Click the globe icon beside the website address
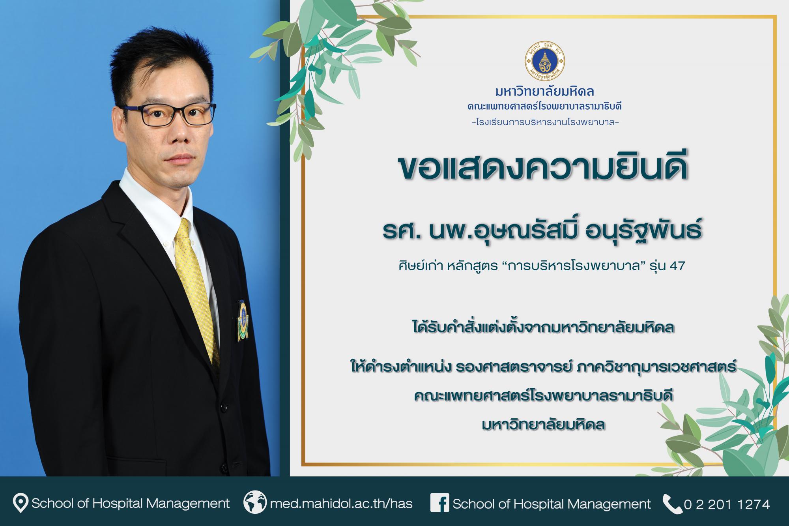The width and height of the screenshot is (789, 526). pyautogui.click(x=254, y=504)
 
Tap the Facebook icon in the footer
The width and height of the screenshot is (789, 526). pyautogui.click(x=440, y=504)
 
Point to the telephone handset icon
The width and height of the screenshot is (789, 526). pyautogui.click(x=672, y=504)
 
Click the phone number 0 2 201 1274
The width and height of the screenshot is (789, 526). pyautogui.click(x=727, y=504)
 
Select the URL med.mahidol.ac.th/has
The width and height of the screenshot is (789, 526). pyautogui.click(x=341, y=504)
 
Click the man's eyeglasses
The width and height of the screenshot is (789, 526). pyautogui.click(x=172, y=113)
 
